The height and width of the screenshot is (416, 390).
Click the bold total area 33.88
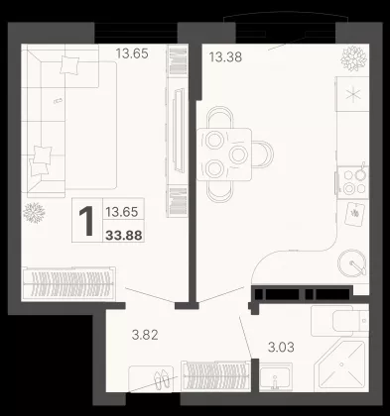tap(124, 235)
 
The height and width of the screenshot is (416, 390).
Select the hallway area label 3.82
tap(145, 335)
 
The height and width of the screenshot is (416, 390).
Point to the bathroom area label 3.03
tap(281, 348)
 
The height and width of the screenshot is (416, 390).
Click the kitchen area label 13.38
tap(225, 57)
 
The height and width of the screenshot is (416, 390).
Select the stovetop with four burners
tap(353, 182)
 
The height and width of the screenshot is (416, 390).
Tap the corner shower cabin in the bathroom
tap(340, 364)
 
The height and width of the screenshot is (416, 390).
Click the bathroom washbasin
tap(276, 376)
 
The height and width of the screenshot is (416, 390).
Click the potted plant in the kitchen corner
tap(354, 58)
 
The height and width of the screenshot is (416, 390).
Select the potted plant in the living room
tap(34, 213)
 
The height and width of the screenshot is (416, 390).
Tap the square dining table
tap(224, 155)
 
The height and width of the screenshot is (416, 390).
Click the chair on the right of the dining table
tap(263, 155)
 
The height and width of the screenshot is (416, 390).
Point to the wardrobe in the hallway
tap(215, 375)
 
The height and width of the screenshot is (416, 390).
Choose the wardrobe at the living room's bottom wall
tap(68, 283)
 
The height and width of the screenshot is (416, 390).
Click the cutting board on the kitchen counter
tap(354, 214)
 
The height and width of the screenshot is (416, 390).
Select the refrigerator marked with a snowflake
tap(352, 94)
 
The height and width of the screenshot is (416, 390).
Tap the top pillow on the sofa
tap(69, 64)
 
